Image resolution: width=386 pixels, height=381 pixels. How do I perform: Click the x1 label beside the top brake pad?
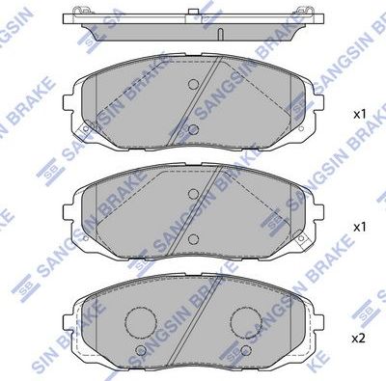pyautogui.click(x=360, y=114)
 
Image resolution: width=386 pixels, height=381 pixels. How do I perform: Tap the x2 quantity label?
pyautogui.click(x=360, y=339)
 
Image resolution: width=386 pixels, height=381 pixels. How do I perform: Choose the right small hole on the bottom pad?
pyautogui.click(x=244, y=349)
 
